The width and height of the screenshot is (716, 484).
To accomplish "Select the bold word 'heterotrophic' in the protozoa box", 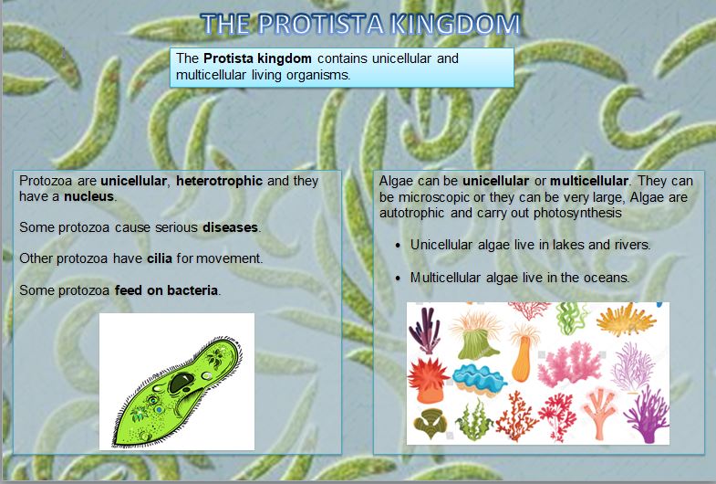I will [x=219, y=181].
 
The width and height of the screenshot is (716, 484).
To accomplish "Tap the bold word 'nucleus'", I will [x=88, y=196].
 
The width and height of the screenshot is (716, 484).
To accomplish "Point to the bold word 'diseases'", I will [x=231, y=227].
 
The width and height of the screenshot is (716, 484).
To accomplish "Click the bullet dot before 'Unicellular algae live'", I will [x=398, y=247].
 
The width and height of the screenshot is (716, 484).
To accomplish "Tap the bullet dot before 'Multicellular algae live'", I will [x=398, y=279].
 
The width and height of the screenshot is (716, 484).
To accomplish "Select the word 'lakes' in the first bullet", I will [x=576, y=246].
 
